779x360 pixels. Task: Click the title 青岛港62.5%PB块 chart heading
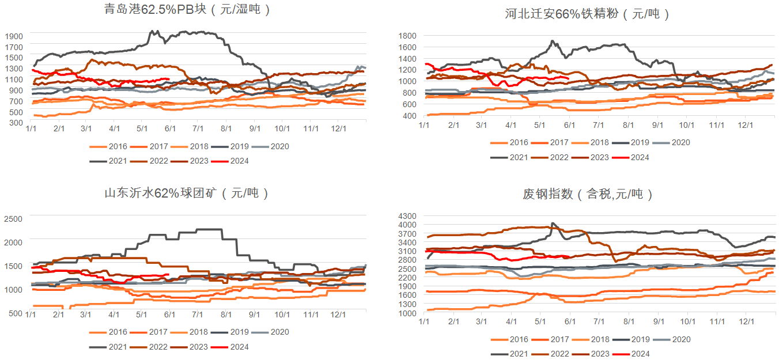pyautogui.click(x=187, y=10)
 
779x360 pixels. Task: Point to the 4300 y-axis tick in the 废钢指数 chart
pyautogui.click(x=407, y=215)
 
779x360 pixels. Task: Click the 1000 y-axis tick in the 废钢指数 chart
pyautogui.click(x=407, y=313)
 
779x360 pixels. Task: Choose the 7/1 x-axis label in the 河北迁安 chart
pyautogui.click(x=598, y=124)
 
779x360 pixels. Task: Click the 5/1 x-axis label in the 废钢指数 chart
pyautogui.click(x=540, y=321)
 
